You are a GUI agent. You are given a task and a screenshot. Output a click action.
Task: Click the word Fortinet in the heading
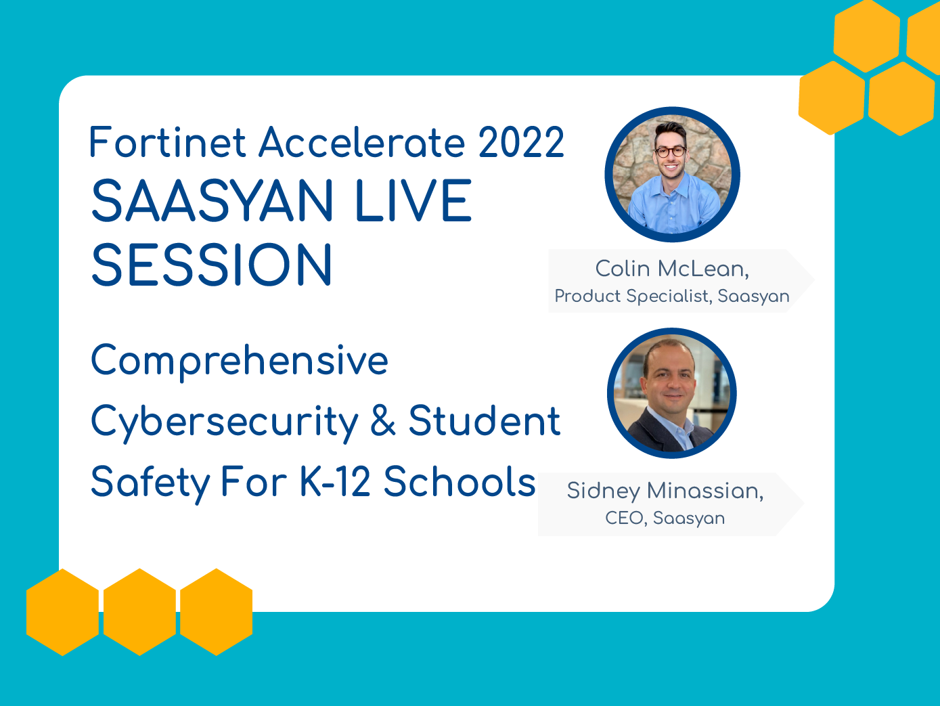[x=167, y=142]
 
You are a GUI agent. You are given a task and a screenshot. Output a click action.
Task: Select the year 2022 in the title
[x=520, y=142]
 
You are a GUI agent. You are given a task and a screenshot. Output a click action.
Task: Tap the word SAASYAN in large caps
[x=212, y=201]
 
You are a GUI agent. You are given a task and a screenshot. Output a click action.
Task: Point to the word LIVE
[x=413, y=201]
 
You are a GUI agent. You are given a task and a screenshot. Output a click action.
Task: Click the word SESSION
[x=212, y=264]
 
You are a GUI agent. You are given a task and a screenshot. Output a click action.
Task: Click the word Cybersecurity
[x=225, y=422]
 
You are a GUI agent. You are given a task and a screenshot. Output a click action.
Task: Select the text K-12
[x=334, y=481]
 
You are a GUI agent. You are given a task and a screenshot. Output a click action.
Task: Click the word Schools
[x=459, y=481]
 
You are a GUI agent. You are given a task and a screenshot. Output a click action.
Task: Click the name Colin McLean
[x=672, y=269]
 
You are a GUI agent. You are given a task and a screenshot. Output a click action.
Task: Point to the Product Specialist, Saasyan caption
[x=672, y=296]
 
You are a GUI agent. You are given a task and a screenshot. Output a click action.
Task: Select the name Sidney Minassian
[x=665, y=491]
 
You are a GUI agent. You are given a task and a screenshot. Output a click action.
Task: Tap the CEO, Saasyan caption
[x=665, y=518]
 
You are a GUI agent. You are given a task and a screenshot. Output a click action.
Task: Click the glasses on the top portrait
[x=671, y=152]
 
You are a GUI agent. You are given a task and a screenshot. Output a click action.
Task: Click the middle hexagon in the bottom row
[x=139, y=612]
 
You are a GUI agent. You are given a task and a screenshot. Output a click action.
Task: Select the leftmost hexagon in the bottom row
[x=62, y=612]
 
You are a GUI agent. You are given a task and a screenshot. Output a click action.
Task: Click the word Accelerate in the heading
[x=362, y=142]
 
